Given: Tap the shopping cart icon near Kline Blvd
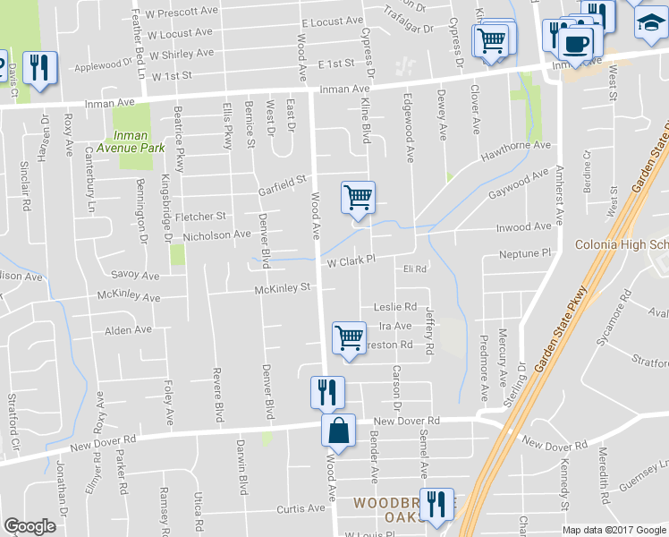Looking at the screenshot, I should point(358,196).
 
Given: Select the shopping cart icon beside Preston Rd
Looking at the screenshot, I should point(349,337).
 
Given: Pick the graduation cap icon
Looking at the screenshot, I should point(650,24).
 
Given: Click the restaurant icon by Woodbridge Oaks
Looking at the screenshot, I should point(436,504).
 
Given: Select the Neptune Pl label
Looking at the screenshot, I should point(526,255).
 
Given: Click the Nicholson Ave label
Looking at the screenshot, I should point(216,235).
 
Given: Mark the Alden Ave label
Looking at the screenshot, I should point(129,330).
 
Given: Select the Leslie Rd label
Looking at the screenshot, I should point(395,306).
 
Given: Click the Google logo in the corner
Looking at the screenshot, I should point(30,526).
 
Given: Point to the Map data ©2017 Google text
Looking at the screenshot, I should point(614,530).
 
